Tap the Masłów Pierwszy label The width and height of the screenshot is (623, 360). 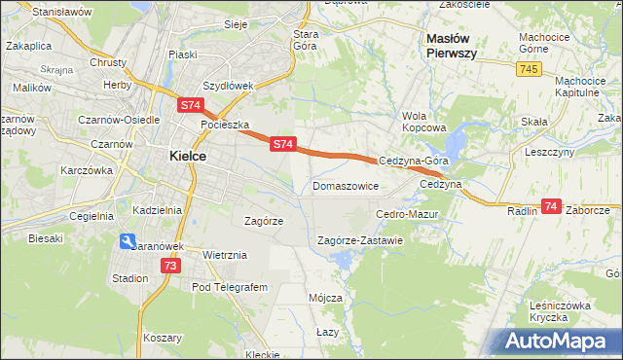pos(452,46)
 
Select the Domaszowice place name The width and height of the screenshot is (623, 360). pos(345,185)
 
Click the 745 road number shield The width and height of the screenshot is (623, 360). pos(529,68)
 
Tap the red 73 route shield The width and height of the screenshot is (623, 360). pos(171,266)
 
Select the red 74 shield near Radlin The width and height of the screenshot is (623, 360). pos(551,206)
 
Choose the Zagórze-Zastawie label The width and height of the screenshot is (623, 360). pos(360,240)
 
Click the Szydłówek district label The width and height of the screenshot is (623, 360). pos(227,86)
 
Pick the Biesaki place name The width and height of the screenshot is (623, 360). pos(46,237)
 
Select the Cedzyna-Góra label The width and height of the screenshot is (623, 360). pos(413,162)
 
